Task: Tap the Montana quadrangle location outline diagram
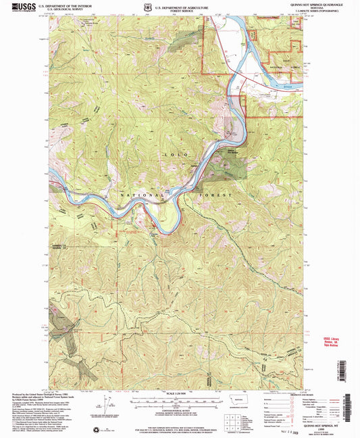click(236, 400)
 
